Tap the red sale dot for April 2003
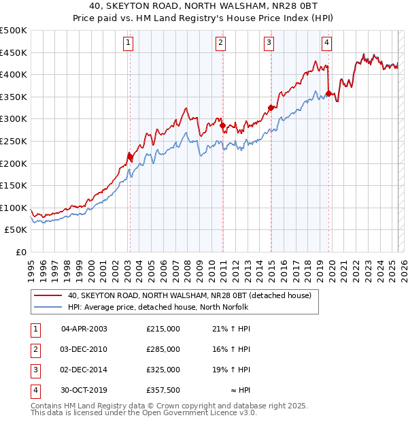click(x=130, y=157)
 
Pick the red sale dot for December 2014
click(x=271, y=108)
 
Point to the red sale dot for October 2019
click(x=329, y=93)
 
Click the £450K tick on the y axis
click(x=14, y=52)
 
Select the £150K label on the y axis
click(x=14, y=185)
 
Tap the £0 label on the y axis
click(x=21, y=252)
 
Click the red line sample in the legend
click(x=46, y=295)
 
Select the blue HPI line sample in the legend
click(x=46, y=307)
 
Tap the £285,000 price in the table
click(x=163, y=349)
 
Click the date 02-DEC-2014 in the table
click(x=84, y=370)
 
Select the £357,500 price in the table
click(x=163, y=391)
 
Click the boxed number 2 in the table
click(x=35, y=349)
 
